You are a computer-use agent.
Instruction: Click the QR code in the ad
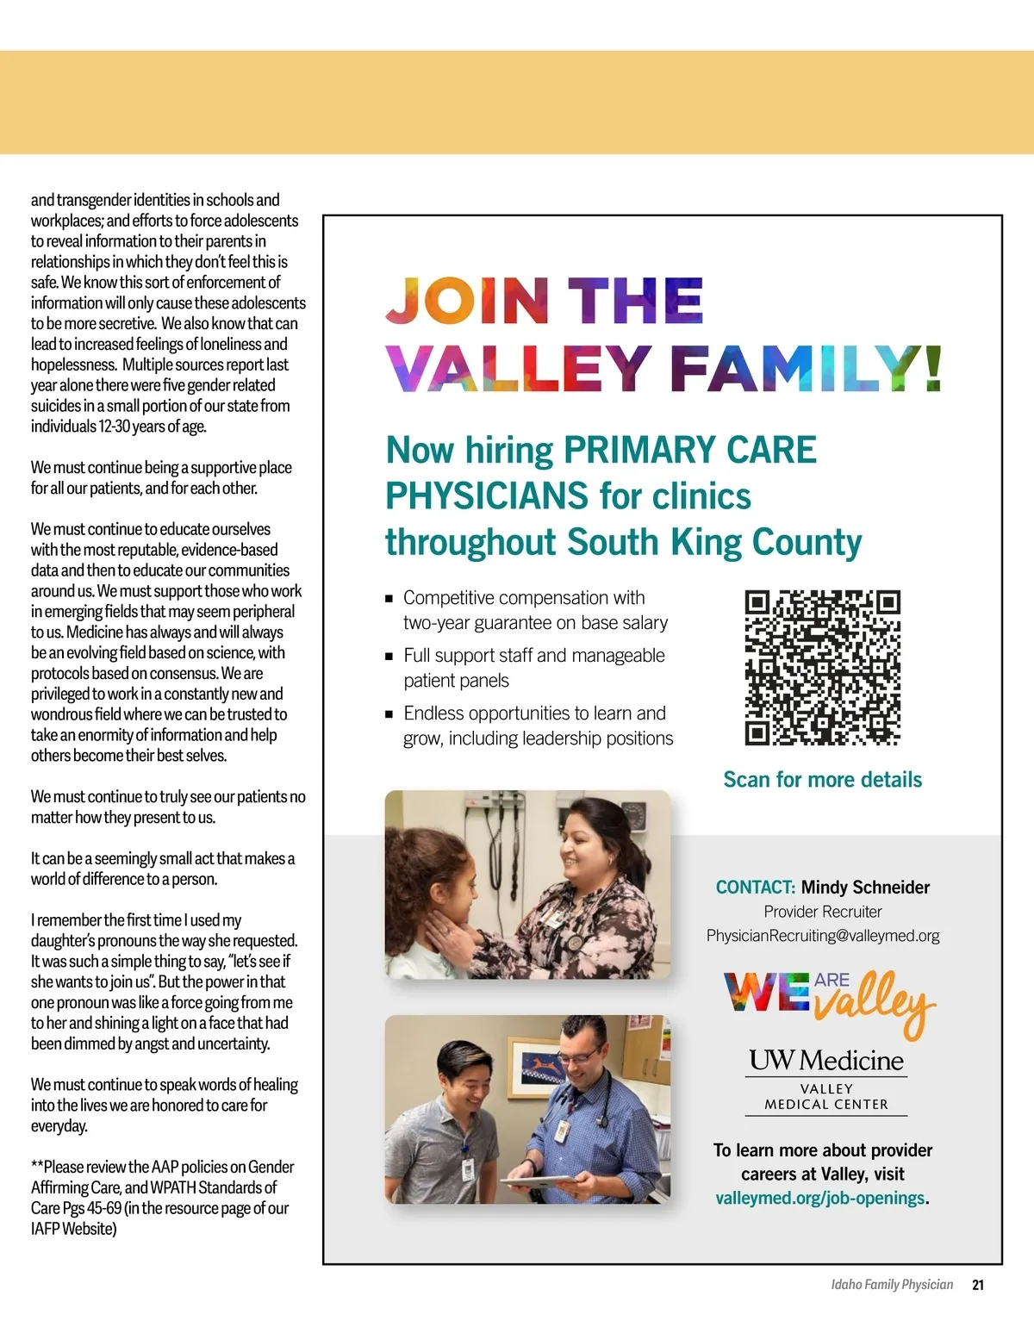click(x=822, y=667)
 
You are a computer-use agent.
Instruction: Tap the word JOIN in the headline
click(x=467, y=301)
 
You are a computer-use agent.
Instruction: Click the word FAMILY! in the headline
click(x=805, y=369)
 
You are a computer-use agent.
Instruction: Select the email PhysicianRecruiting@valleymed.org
click(x=823, y=936)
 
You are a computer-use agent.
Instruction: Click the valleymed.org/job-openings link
click(x=819, y=1198)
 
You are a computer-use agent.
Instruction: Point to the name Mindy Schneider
click(x=865, y=888)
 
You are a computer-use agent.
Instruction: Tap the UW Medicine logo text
click(x=826, y=1060)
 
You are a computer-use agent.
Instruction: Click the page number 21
click(x=978, y=1285)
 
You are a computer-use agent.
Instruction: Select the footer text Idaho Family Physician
click(x=892, y=1285)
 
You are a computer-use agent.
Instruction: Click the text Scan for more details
click(x=822, y=780)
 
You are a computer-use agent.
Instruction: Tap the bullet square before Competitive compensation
click(x=389, y=598)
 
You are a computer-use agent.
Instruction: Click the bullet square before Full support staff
click(x=389, y=656)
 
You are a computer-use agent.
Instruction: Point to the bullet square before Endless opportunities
click(x=389, y=713)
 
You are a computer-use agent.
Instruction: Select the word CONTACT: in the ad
click(x=755, y=888)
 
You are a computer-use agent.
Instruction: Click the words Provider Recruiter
click(x=823, y=912)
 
